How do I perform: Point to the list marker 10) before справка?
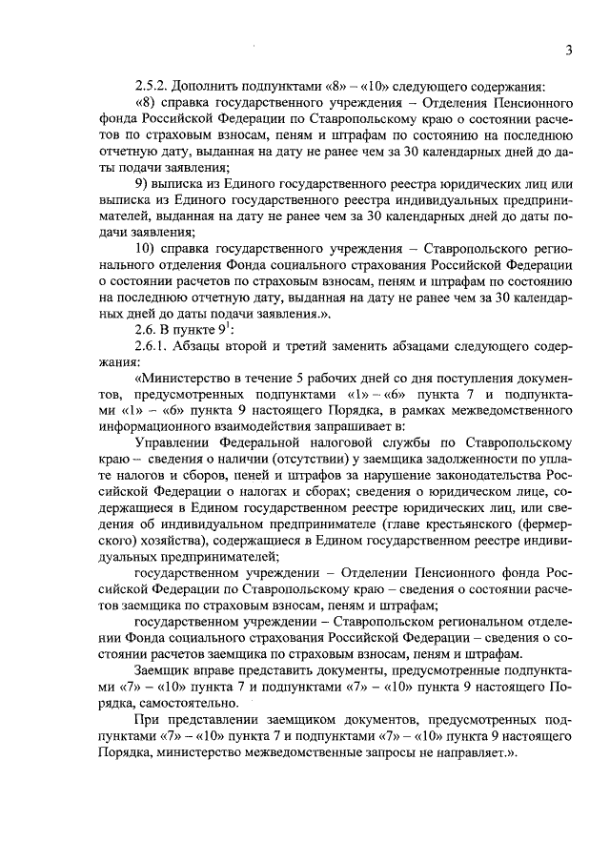[x=146, y=247]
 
